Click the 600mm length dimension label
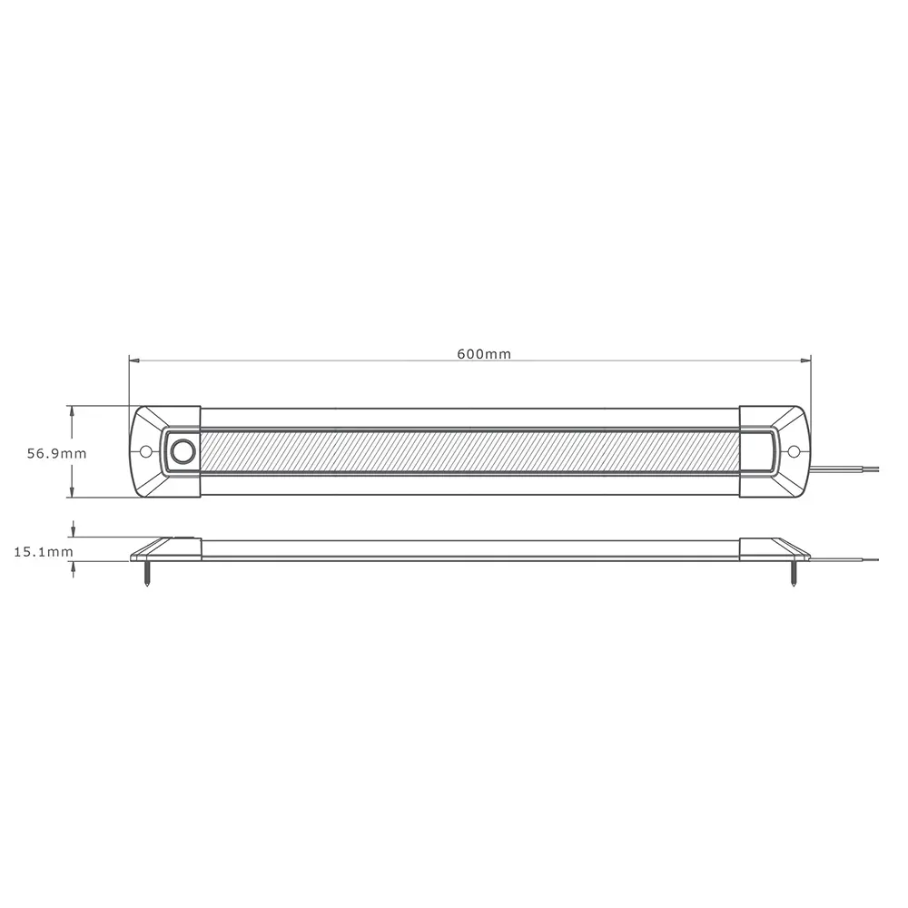(483, 354)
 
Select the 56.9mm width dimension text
(56, 453)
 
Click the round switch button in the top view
(184, 451)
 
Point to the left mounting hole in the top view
(145, 451)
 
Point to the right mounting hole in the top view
(793, 451)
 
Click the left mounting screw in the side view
(148, 575)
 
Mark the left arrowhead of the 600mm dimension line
(133, 360)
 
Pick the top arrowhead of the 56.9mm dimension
(72, 411)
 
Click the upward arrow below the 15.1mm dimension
(72, 567)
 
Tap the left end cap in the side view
(168, 548)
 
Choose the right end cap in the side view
(772, 548)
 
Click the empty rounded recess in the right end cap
(758, 451)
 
